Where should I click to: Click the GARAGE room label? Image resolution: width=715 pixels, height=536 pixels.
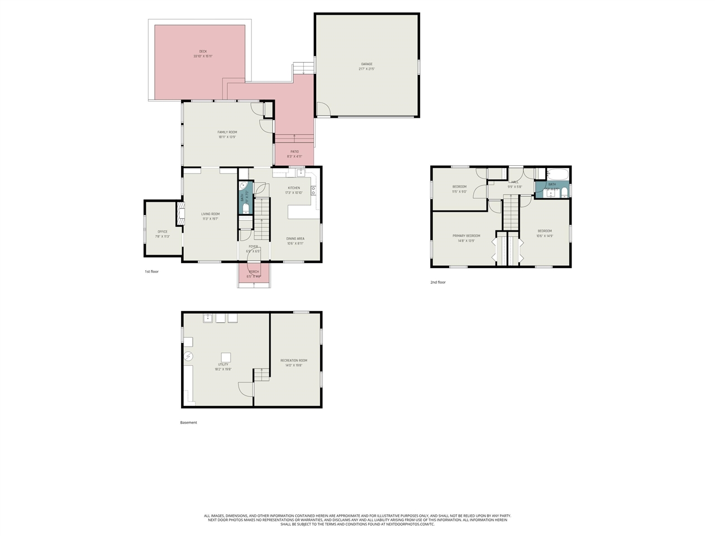[366, 64]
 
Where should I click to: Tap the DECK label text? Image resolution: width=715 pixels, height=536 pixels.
[203, 51]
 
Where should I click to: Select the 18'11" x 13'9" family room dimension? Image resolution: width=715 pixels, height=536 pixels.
[227, 137]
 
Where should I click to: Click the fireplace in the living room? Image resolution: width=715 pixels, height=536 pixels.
[180, 213]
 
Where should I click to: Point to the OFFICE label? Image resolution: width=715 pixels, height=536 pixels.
[162, 232]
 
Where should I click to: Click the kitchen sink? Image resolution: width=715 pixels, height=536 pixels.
[301, 173]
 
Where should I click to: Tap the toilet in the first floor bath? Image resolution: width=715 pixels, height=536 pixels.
[246, 208]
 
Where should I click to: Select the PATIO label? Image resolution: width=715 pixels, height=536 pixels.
[294, 151]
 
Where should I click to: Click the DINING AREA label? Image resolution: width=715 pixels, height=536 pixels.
[295, 238]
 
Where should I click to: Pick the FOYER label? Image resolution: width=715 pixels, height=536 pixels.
[253, 246]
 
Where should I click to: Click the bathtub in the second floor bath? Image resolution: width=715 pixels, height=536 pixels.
[556, 173]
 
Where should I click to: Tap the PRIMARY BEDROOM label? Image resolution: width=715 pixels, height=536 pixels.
[466, 236]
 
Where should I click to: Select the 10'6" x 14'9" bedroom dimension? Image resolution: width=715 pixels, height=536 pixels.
[545, 236]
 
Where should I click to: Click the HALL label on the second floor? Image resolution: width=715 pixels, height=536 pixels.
[514, 182]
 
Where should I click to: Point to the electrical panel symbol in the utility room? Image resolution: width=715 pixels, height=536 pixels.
[189, 356]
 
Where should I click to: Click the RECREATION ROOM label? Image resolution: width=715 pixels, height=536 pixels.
[293, 361]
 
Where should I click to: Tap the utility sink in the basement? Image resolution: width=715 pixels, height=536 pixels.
[208, 318]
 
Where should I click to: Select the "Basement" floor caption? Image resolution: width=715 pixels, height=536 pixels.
[188, 423]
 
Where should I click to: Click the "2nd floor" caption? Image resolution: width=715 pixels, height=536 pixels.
[438, 283]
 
